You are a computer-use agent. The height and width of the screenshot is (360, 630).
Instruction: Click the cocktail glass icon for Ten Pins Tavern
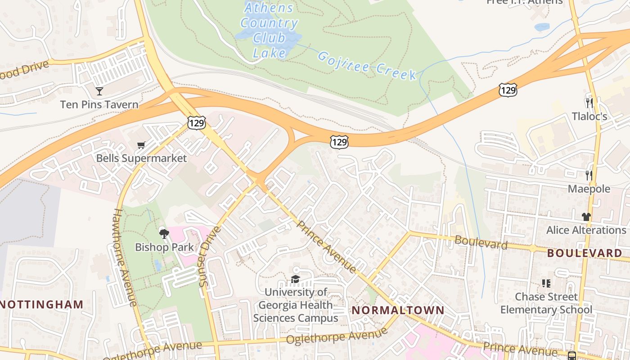tap(99, 91)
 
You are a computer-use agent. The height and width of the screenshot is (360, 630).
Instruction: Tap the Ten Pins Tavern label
tap(99, 105)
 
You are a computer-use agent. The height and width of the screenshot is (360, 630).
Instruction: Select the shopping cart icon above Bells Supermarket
tap(141, 145)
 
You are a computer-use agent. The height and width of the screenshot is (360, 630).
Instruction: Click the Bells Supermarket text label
tap(141, 158)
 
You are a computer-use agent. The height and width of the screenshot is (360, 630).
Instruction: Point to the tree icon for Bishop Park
tap(164, 234)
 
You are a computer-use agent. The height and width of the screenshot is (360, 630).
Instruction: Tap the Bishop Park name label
tap(165, 247)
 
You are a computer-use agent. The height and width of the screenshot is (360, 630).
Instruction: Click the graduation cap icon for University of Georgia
tap(295, 279)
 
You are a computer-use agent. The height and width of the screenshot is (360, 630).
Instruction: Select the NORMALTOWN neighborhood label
tap(398, 310)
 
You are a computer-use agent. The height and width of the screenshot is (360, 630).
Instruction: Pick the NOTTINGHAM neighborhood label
tap(42, 305)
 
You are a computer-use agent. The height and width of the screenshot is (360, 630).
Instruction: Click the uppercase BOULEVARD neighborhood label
tap(585, 253)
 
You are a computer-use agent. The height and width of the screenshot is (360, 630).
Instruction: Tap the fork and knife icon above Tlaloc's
tap(589, 103)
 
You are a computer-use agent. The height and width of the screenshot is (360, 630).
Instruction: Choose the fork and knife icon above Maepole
tap(589, 175)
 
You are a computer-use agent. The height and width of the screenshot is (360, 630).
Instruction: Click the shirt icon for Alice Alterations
tap(586, 216)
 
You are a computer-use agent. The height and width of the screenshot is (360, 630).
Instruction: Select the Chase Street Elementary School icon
tap(546, 283)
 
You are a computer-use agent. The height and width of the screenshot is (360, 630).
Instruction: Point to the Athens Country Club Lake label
tap(269, 31)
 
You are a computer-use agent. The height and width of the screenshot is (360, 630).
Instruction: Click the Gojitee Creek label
tap(367, 66)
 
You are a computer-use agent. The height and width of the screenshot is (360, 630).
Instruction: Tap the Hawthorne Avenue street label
tap(125, 257)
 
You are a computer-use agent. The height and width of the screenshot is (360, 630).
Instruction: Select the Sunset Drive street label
tap(210, 256)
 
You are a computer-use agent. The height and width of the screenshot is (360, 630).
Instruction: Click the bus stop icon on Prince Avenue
tap(571, 355)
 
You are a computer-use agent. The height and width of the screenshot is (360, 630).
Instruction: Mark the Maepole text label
tap(589, 189)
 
